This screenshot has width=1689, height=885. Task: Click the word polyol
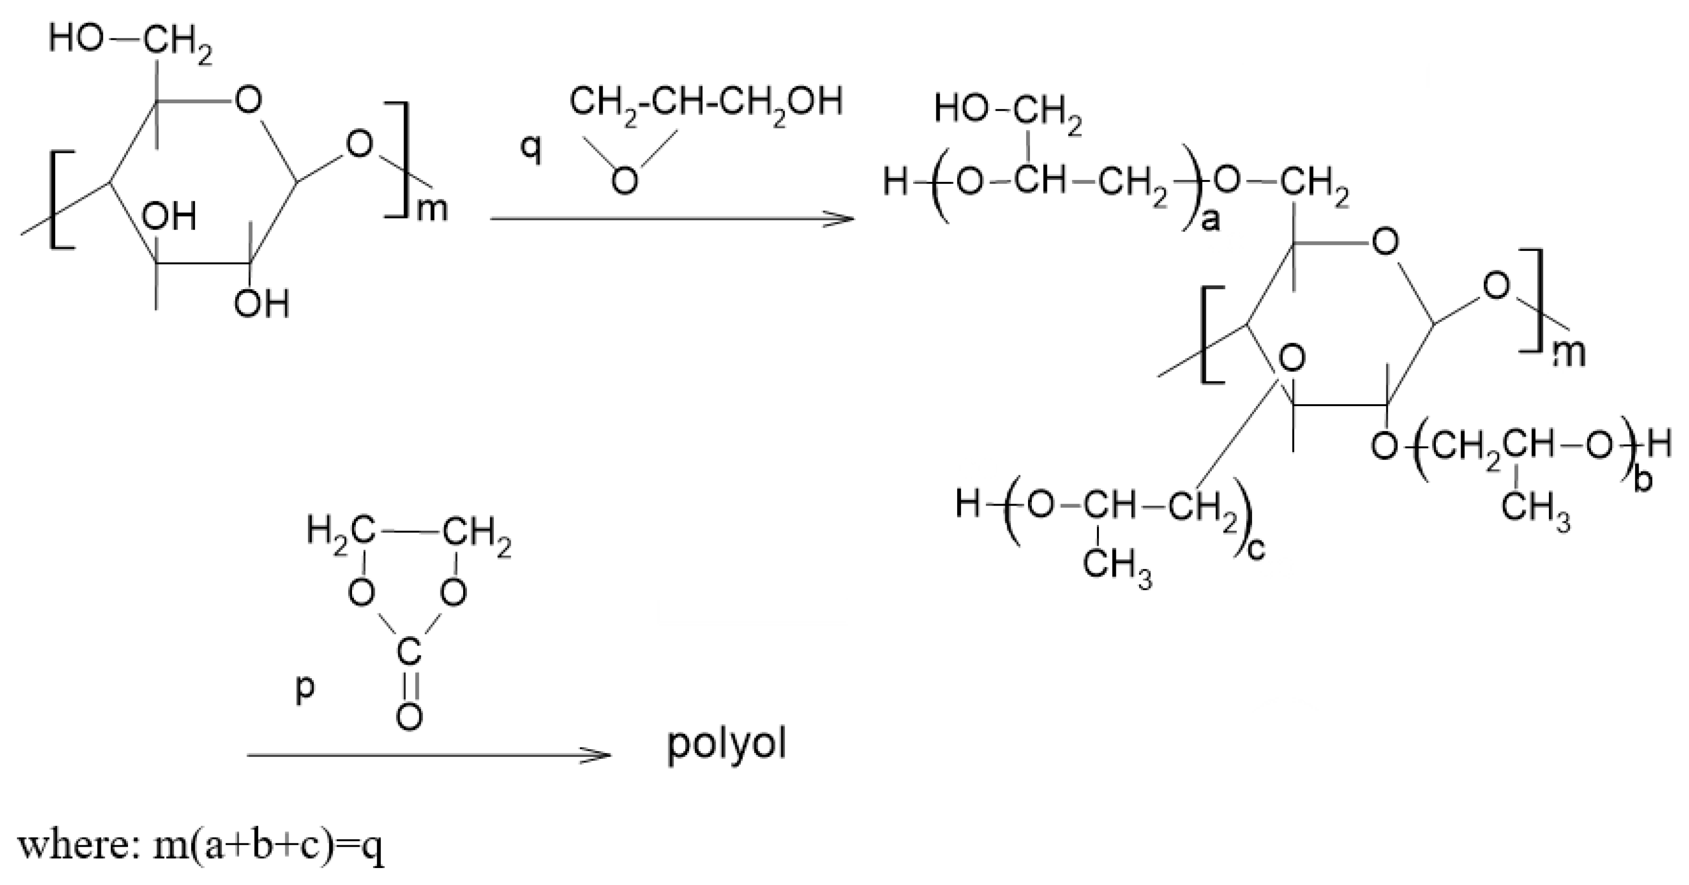pyautogui.click(x=726, y=746)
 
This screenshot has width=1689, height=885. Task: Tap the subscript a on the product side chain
pyautogui.click(x=1210, y=221)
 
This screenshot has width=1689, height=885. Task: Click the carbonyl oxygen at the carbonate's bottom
pyautogui.click(x=410, y=717)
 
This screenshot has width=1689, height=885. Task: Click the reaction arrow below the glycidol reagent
pyautogui.click(x=672, y=219)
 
